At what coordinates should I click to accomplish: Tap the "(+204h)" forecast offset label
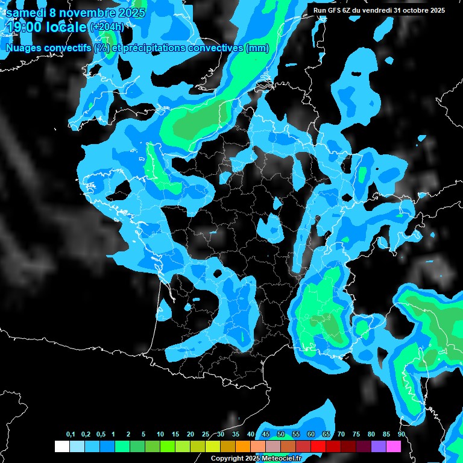click(x=107, y=27)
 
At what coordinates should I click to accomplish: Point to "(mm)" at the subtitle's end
click(x=258, y=48)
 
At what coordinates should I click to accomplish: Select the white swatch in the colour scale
click(x=61, y=446)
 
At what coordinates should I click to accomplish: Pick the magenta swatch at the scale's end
click(x=394, y=446)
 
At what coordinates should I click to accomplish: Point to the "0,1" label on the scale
click(x=71, y=435)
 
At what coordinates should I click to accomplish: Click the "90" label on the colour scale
click(x=401, y=435)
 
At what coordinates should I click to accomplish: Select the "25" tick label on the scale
click(x=206, y=435)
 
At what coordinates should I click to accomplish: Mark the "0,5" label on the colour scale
click(x=101, y=435)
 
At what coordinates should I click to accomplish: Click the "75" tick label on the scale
click(x=356, y=435)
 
